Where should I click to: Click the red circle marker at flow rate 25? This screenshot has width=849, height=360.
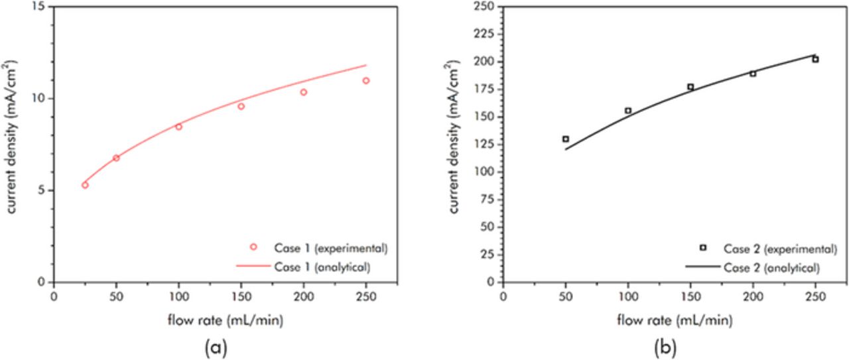pyautogui.click(x=85, y=185)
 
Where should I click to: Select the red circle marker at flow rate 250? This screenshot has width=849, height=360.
pyautogui.click(x=365, y=81)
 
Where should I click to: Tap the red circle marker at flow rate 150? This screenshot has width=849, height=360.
pyautogui.click(x=241, y=106)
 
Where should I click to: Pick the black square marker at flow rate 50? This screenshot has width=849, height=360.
pyautogui.click(x=566, y=139)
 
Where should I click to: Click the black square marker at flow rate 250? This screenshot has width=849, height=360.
pyautogui.click(x=815, y=60)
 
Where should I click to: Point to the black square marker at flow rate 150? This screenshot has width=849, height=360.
pyautogui.click(x=690, y=87)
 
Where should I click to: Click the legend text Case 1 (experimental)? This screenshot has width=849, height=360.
pyautogui.click(x=330, y=249)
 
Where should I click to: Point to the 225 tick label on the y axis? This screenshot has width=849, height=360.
pyautogui.click(x=487, y=29)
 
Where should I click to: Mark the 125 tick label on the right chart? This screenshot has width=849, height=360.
pyautogui.click(x=487, y=139)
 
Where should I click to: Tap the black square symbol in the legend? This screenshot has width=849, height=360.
pyautogui.click(x=703, y=248)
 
